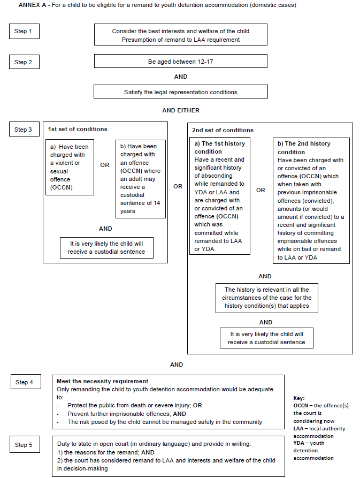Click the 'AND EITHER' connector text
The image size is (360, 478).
(x=181, y=110)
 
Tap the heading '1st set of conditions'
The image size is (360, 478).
(x=78, y=129)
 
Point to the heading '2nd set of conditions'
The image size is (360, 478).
(x=223, y=130)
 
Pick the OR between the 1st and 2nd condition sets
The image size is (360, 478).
(x=178, y=186)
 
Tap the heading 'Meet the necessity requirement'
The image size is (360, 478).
(x=102, y=381)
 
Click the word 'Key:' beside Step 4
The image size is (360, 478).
(x=299, y=398)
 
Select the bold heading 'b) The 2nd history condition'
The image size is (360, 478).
(x=304, y=148)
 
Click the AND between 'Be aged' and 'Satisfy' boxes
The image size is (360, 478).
(x=181, y=77)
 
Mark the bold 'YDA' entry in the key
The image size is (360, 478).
(x=298, y=443)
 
